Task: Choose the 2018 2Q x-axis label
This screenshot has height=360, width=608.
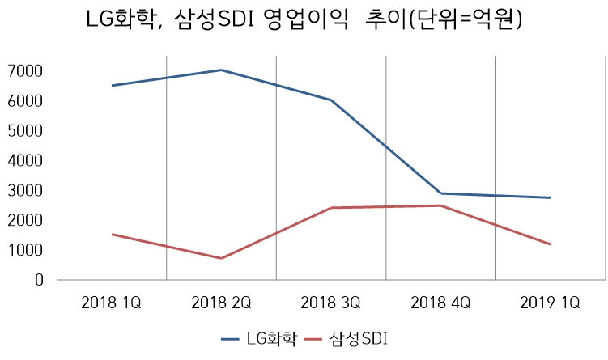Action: tap(221, 303)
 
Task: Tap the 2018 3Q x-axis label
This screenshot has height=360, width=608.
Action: tap(330, 303)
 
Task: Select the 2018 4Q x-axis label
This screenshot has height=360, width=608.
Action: tap(440, 303)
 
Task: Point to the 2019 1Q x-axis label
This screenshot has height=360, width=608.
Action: tap(551, 303)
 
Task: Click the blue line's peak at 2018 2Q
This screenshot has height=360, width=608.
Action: tap(221, 70)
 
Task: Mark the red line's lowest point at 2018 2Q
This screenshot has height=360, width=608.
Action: tap(221, 258)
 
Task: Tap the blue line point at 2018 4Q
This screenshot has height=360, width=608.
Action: tap(440, 193)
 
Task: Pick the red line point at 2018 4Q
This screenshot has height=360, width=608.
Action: tap(440, 205)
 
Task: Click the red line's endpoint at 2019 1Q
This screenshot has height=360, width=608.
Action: tap(551, 244)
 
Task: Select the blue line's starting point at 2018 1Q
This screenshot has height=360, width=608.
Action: tap(112, 86)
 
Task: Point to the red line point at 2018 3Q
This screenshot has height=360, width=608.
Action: tap(330, 208)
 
